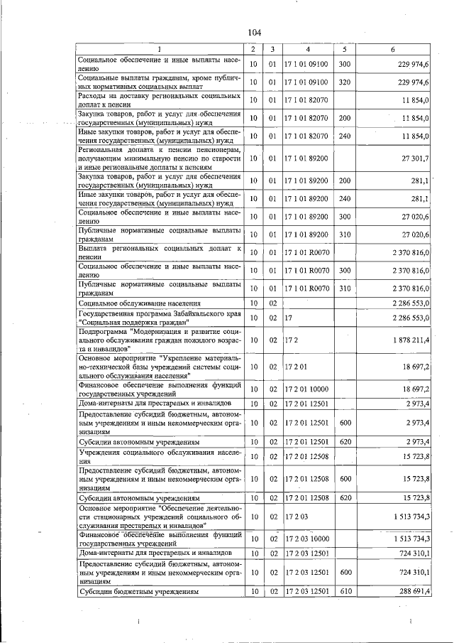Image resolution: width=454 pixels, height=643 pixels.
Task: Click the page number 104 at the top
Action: coord(255,32)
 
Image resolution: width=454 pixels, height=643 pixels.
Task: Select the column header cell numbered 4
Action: coord(307,49)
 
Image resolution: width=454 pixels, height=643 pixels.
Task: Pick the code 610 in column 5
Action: coord(345,591)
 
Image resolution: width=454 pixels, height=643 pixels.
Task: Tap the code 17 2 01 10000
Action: coord(307,389)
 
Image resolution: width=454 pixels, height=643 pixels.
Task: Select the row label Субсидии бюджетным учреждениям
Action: coord(127,591)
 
